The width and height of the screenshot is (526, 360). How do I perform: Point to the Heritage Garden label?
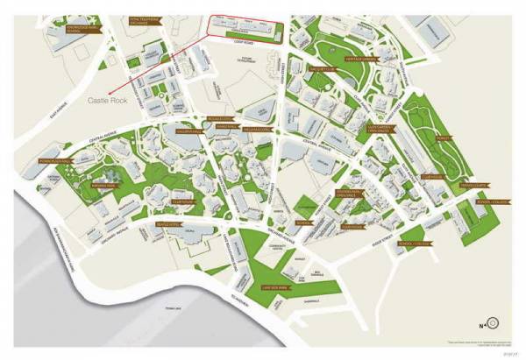(x=360, y=59)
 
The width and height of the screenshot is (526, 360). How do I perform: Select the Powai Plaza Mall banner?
(x=59, y=162)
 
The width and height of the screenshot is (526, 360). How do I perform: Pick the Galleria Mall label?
(x=189, y=132)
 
